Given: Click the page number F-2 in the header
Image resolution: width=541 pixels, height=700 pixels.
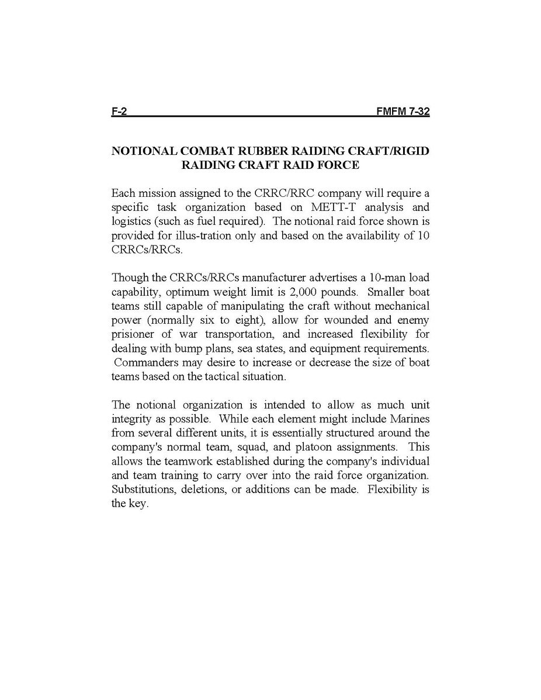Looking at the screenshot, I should [119, 112].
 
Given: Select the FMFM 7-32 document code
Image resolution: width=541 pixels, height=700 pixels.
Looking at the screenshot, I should [403, 112].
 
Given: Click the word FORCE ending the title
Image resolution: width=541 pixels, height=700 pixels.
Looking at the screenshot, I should [338, 165].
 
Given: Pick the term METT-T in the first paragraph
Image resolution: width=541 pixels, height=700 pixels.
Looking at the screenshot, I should [323, 207].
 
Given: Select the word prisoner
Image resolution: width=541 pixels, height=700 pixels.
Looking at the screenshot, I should [132, 334].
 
